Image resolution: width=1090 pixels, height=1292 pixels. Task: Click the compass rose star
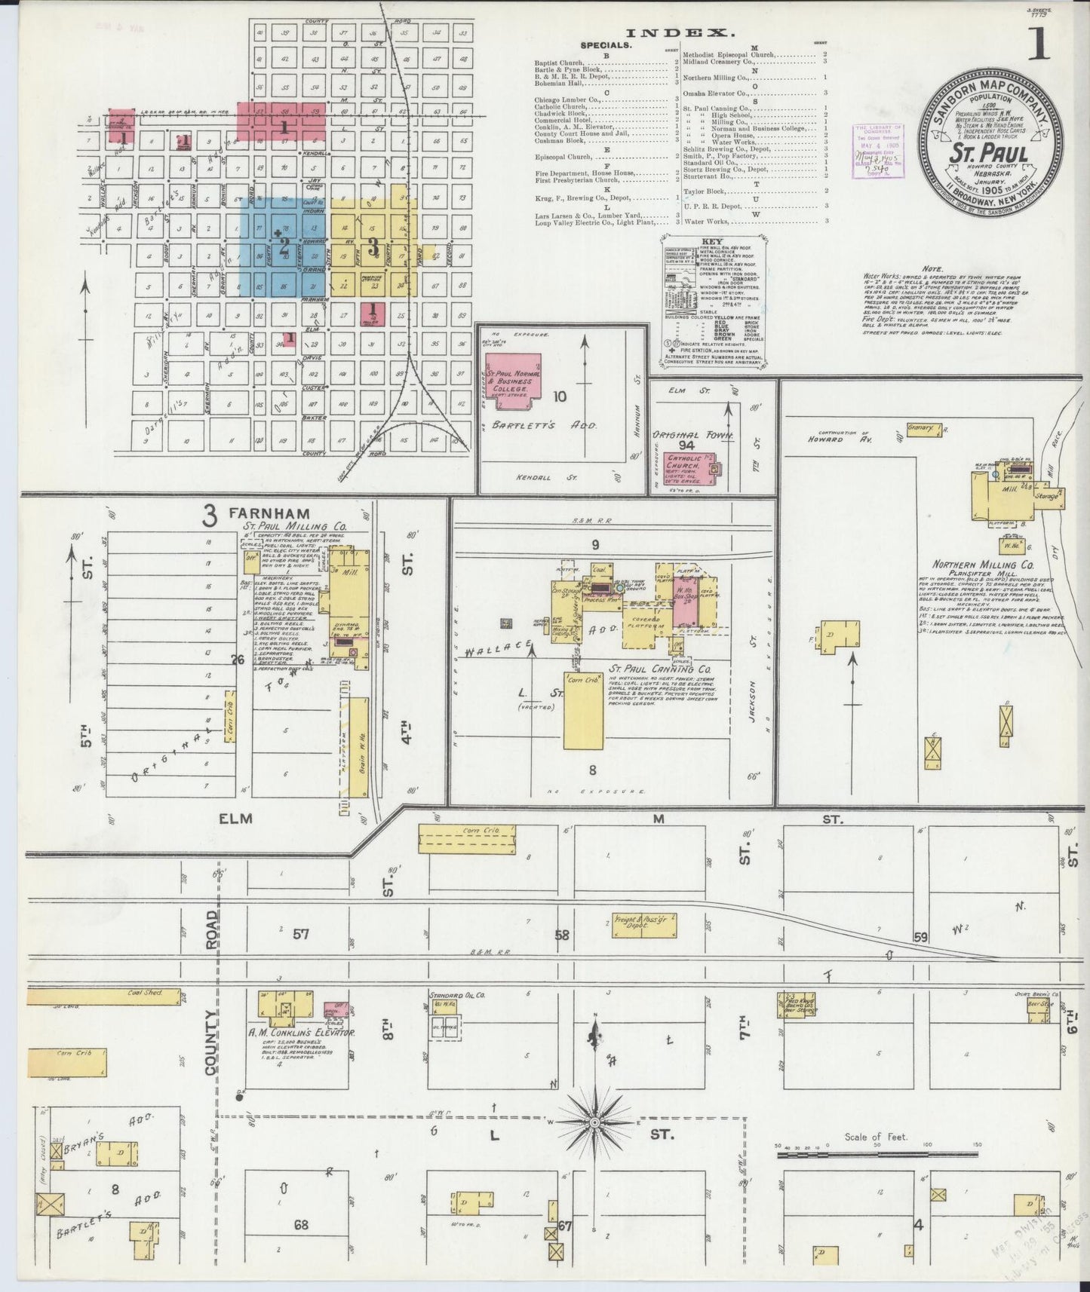pyautogui.click(x=595, y=1122)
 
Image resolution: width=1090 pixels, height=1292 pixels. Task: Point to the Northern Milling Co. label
pyautogui.click(x=984, y=564)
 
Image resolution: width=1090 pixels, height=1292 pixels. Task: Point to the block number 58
pyautogui.click(x=562, y=935)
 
